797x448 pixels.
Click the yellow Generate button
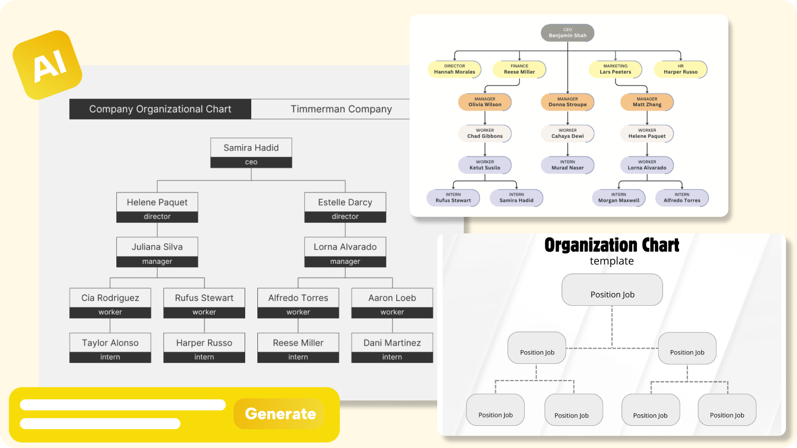coord(280,414)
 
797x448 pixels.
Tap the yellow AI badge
coord(48,65)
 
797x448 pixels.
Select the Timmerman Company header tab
coord(341,109)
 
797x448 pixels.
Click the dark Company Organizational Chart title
coord(160,109)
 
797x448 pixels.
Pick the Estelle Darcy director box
coord(345,207)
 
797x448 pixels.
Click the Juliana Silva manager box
coord(157,252)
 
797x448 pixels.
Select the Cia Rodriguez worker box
coord(110,303)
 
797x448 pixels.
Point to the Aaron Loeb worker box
coord(392,303)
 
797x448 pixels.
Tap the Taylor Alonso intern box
coord(110,348)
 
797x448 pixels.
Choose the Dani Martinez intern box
coord(392,348)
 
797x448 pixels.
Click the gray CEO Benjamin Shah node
coord(567,33)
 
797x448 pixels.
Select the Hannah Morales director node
coord(454,69)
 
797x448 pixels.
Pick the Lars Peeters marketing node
coord(615,69)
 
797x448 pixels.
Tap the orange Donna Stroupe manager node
coord(567,102)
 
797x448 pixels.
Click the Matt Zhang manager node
coord(647,102)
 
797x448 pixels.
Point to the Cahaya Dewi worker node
coord(567,133)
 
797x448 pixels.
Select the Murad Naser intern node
coord(567,165)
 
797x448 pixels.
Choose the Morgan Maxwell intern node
coord(619,197)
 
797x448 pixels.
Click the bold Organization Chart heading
coord(612,245)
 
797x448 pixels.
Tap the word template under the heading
coord(612,261)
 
